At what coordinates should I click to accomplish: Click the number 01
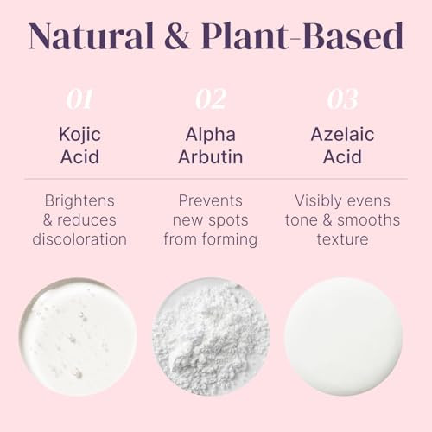pos(79,100)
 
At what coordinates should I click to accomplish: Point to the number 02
pos(210,100)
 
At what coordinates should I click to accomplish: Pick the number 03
pos(342,100)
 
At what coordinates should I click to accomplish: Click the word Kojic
pos(79,136)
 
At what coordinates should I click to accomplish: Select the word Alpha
pos(210,136)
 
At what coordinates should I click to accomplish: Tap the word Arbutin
pos(210,158)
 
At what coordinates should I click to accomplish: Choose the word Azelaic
pos(343,136)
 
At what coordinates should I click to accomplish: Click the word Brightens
pos(79,200)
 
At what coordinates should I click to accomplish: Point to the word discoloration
pos(79,239)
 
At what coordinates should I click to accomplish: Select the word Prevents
pos(210,200)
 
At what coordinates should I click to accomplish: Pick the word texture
pos(343,239)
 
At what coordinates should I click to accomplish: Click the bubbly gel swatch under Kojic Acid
pos(78,337)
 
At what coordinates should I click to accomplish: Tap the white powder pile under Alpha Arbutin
pos(210,337)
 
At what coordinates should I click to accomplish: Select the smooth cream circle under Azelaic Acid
pos(343,337)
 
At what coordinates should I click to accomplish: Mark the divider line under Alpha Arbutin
pos(210,179)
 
